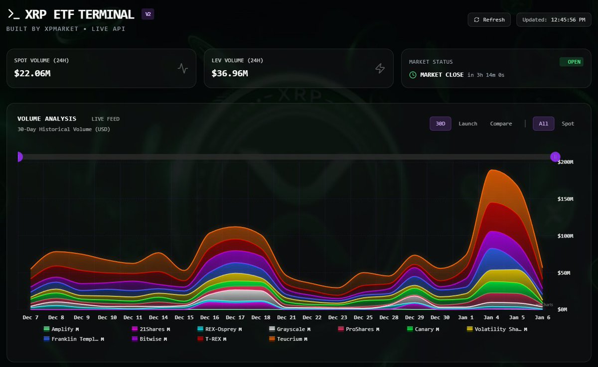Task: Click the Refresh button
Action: point(489,20)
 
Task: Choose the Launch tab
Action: point(468,123)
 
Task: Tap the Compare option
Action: point(501,123)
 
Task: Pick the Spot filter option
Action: point(568,123)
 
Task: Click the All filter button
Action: point(543,123)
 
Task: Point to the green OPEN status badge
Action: point(571,62)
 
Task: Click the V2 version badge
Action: point(148,14)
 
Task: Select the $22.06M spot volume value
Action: point(32,73)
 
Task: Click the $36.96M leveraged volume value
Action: point(230,73)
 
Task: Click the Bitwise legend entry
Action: point(149,339)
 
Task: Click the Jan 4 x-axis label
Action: point(491,317)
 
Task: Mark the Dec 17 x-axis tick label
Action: point(235,317)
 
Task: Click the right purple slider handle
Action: point(555,157)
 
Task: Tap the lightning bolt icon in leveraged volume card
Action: point(380,69)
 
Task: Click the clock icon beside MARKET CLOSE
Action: point(413,75)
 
